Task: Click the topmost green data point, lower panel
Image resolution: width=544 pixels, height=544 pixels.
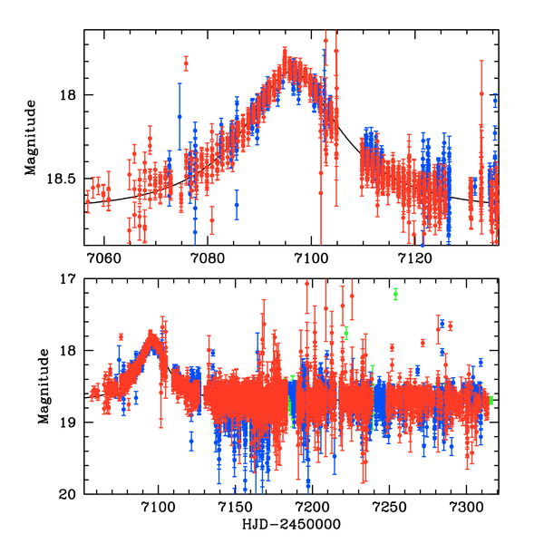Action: coord(395,295)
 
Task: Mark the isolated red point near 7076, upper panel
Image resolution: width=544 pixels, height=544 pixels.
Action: coord(186,63)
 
